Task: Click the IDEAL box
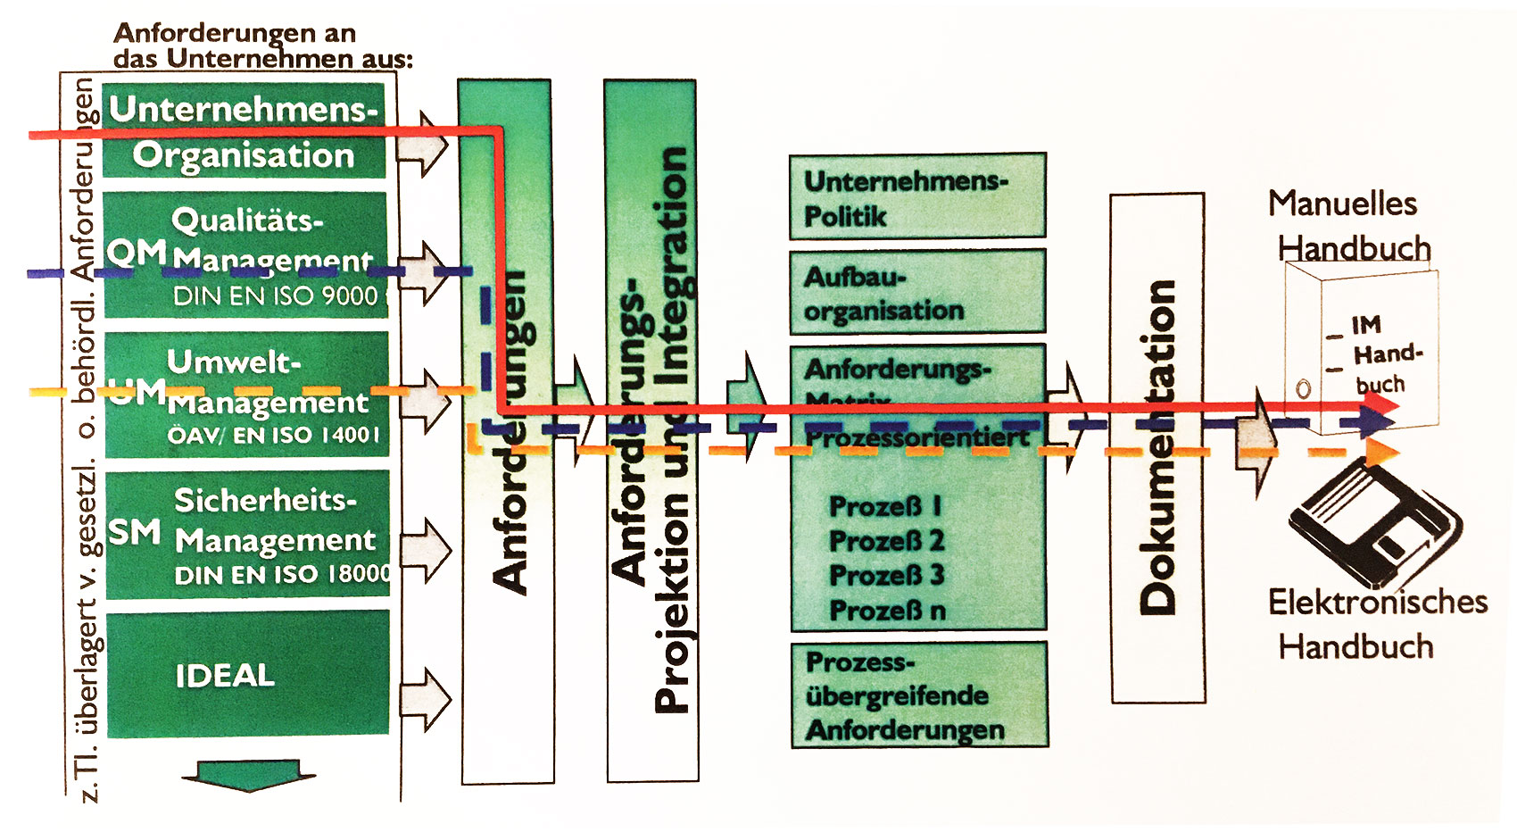247,674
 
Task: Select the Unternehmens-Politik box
917,196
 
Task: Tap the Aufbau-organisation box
917,293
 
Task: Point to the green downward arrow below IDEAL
249,773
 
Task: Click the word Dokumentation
1158,446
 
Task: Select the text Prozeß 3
886,575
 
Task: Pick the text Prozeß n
887,611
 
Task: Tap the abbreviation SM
135,532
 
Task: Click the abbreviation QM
137,254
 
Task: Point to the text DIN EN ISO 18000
282,575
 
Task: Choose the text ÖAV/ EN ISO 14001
273,436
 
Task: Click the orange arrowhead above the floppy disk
1383,452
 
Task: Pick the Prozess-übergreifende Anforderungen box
919,695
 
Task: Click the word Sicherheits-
265,500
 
